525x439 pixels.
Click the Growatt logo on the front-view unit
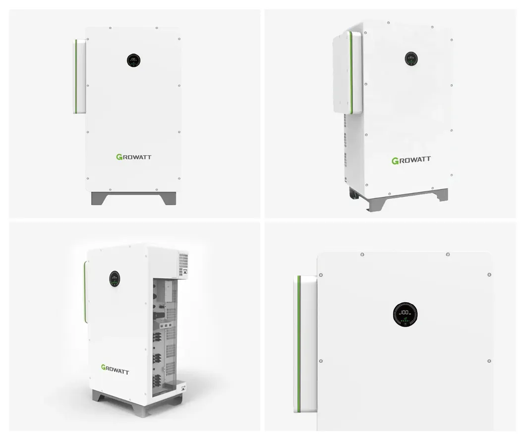pyautogui.click(x=134, y=157)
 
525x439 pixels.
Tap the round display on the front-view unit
pyautogui.click(x=134, y=61)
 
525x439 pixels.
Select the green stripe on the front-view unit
pyautogui.click(x=75, y=76)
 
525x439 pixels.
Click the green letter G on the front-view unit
pyautogui.click(x=119, y=157)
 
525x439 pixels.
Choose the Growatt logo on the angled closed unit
pyautogui.click(x=411, y=160)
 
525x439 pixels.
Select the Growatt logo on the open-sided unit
pyautogui.click(x=115, y=369)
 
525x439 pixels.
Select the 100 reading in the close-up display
pyautogui.click(x=405, y=313)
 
